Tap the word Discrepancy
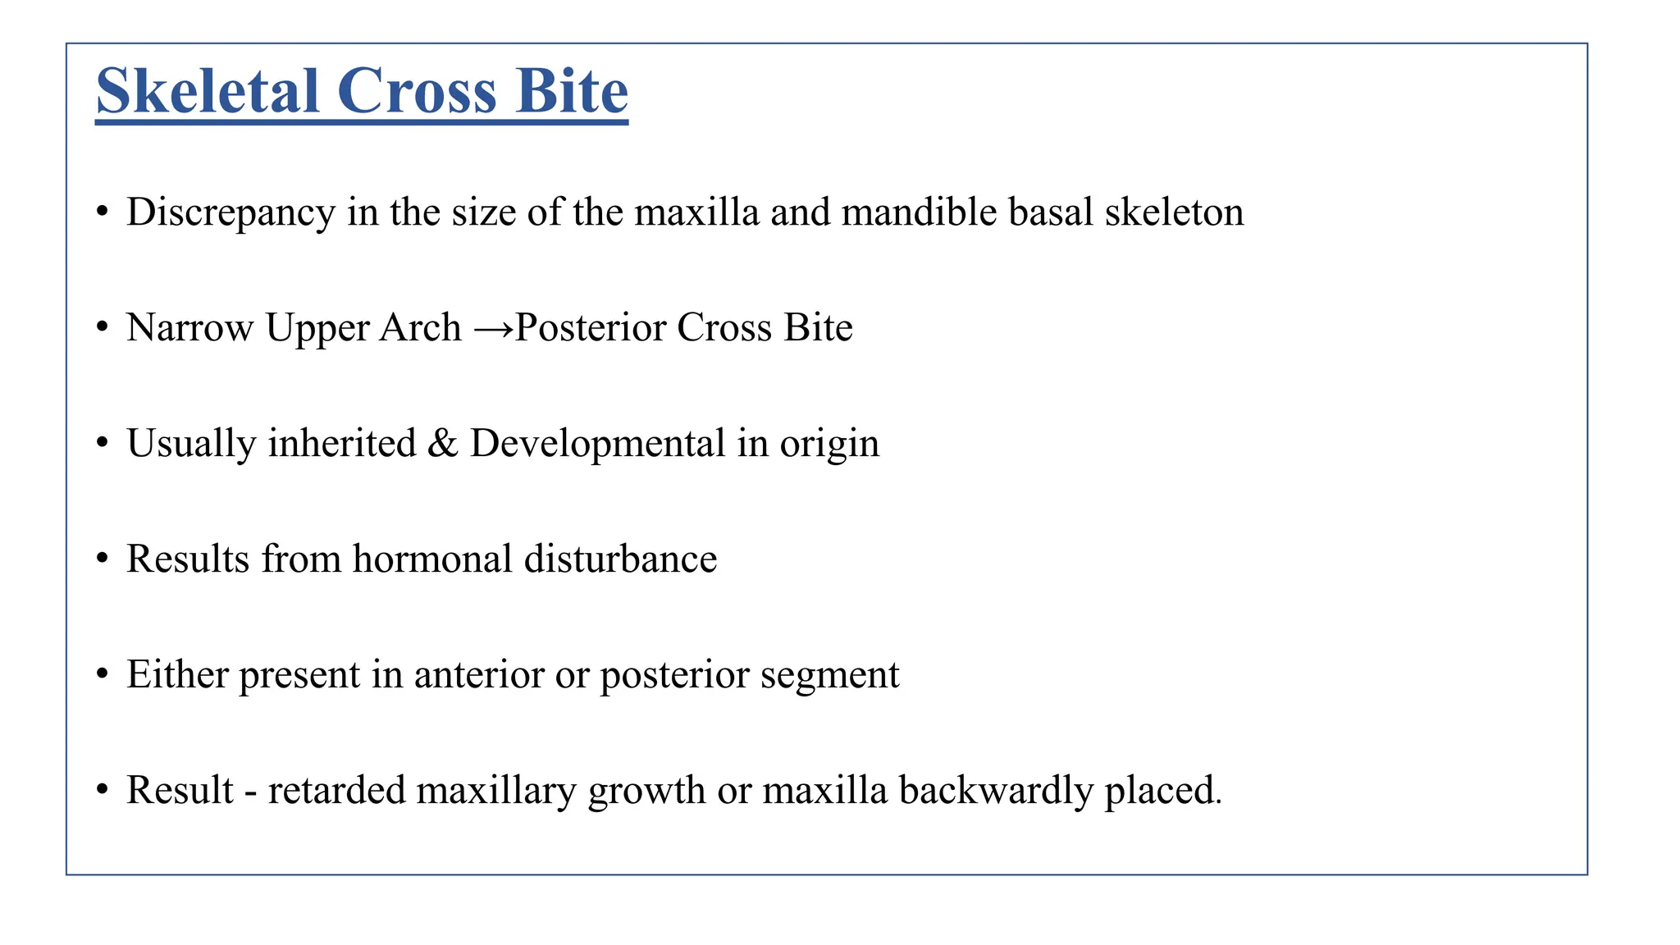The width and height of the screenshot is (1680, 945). pos(231,212)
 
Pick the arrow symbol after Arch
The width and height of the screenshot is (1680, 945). pos(494,329)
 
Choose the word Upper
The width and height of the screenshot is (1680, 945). pos(317,329)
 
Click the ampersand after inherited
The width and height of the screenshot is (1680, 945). pos(443,443)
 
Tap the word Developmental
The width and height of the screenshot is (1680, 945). pos(597,444)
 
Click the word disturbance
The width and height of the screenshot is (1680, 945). pos(620,559)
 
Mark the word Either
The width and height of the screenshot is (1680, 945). pos(177,674)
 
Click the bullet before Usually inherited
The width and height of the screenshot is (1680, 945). pos(102,444)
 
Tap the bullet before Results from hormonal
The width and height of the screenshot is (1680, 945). pos(102,559)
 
